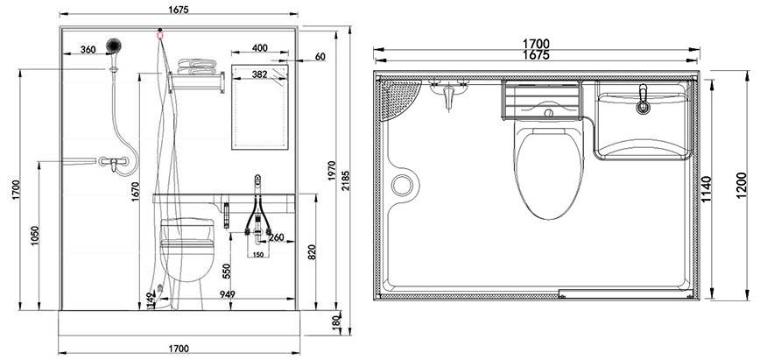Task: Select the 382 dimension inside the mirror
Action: [x=259, y=75]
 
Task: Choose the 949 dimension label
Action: [x=228, y=293]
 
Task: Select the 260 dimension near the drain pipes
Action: [x=276, y=237]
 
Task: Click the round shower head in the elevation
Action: [x=112, y=45]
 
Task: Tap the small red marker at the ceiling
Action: [x=159, y=35]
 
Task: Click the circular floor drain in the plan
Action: [x=403, y=185]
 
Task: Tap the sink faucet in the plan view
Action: [x=644, y=101]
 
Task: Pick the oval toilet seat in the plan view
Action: [x=549, y=171]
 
